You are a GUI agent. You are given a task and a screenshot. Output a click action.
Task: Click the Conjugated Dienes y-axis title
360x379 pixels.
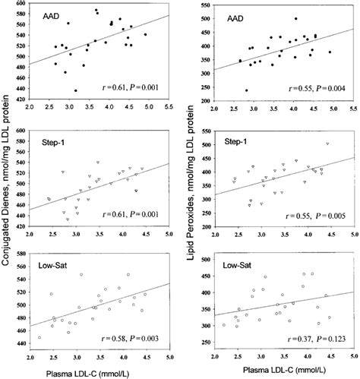[8, 190]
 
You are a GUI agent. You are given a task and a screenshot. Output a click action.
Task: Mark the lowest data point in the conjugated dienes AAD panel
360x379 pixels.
[75, 91]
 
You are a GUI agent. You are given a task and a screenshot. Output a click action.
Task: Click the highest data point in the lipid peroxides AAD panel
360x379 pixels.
[296, 18]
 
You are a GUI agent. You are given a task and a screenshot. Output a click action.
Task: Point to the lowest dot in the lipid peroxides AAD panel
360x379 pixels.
[246, 90]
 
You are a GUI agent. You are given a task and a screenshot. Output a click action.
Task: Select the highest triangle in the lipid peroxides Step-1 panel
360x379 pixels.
[327, 144]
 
